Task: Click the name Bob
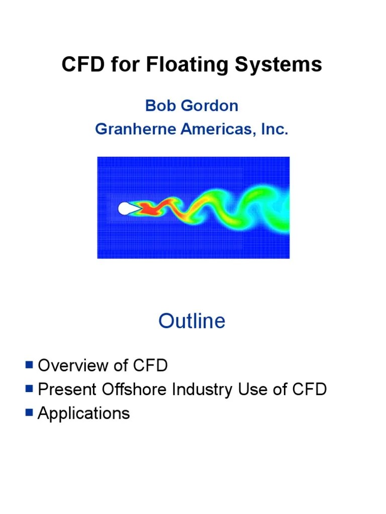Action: (160, 106)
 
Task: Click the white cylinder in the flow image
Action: (124, 208)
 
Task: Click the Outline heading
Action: (192, 321)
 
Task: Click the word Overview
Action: (74, 365)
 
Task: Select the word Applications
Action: (84, 414)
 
